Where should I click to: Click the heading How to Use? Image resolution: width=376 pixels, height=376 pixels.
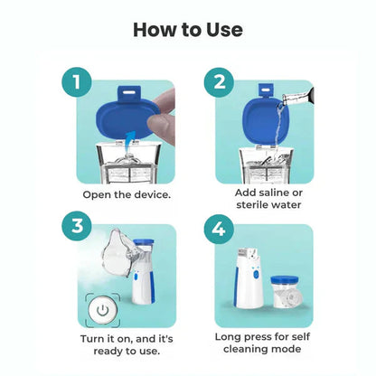coord(188,29)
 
